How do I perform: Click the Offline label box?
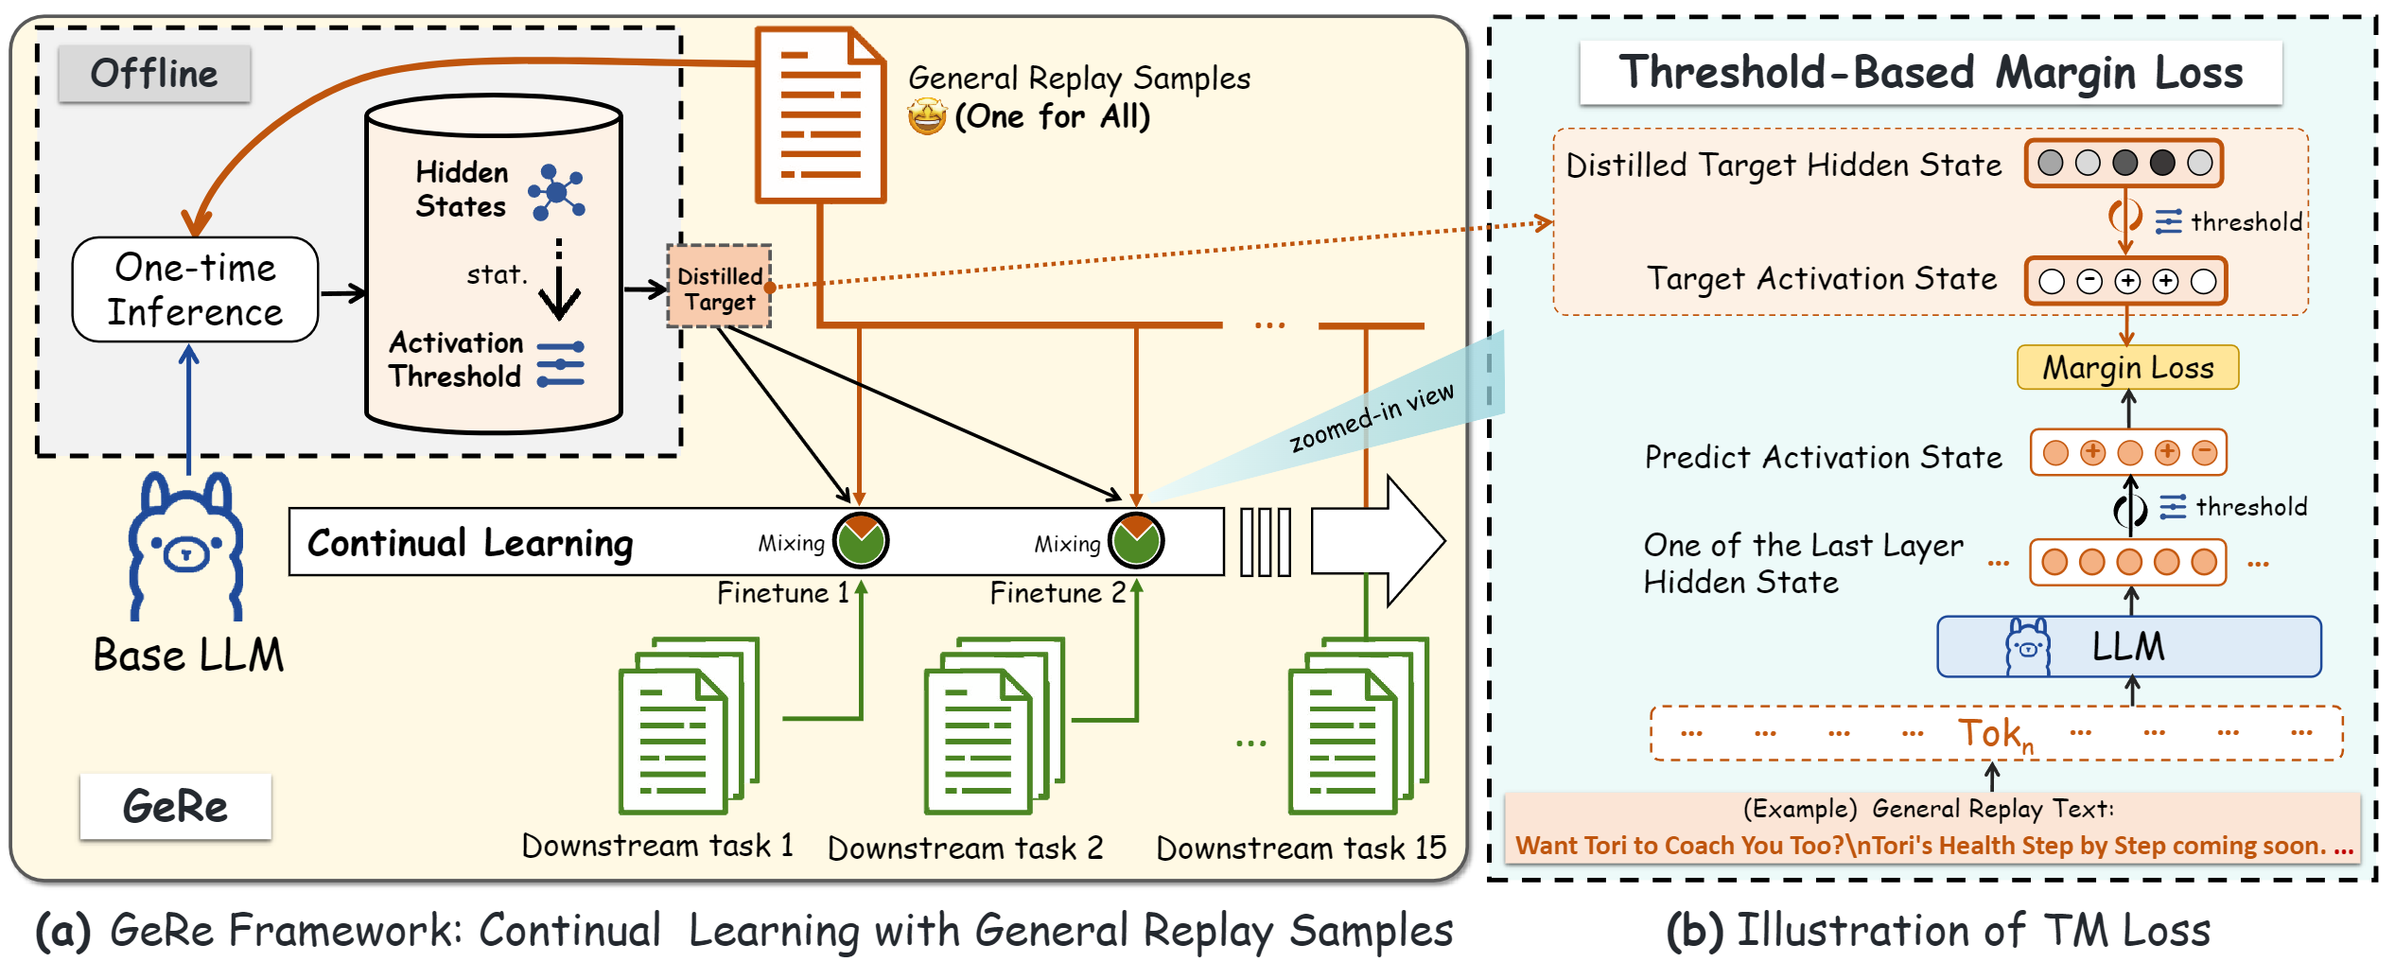tap(154, 74)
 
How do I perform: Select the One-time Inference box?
tap(195, 289)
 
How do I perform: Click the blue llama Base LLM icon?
tap(186, 546)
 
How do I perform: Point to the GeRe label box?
tap(176, 806)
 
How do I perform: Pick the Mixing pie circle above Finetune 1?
tap(860, 540)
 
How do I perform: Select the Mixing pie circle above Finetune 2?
tap(1135, 540)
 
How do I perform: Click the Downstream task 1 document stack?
tap(688, 726)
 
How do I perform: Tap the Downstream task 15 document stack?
tap(1356, 726)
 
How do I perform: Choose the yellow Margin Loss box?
tap(2127, 367)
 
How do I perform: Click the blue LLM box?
tap(2128, 647)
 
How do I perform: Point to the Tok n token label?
tap(1994, 734)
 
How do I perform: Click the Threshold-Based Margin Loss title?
tap(1931, 73)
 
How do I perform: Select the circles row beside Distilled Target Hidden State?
tap(2124, 164)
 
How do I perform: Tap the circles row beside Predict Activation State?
tap(2128, 453)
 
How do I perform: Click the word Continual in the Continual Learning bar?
tap(387, 543)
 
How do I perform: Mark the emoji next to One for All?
tap(927, 117)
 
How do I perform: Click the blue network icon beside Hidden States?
tap(557, 192)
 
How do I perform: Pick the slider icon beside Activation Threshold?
tap(560, 364)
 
